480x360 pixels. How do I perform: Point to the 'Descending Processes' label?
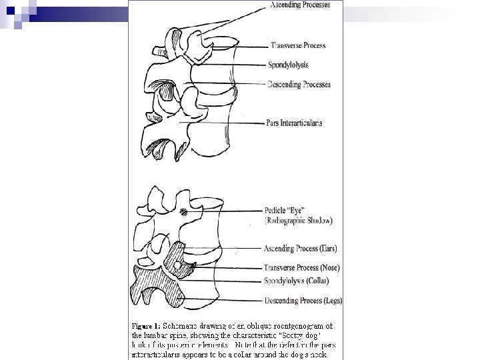[x=298, y=85]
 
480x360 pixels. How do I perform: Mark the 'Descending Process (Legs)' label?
[x=303, y=301]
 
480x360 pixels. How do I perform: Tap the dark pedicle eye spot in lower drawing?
[x=183, y=213]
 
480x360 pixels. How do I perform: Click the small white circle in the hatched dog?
[x=176, y=266]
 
